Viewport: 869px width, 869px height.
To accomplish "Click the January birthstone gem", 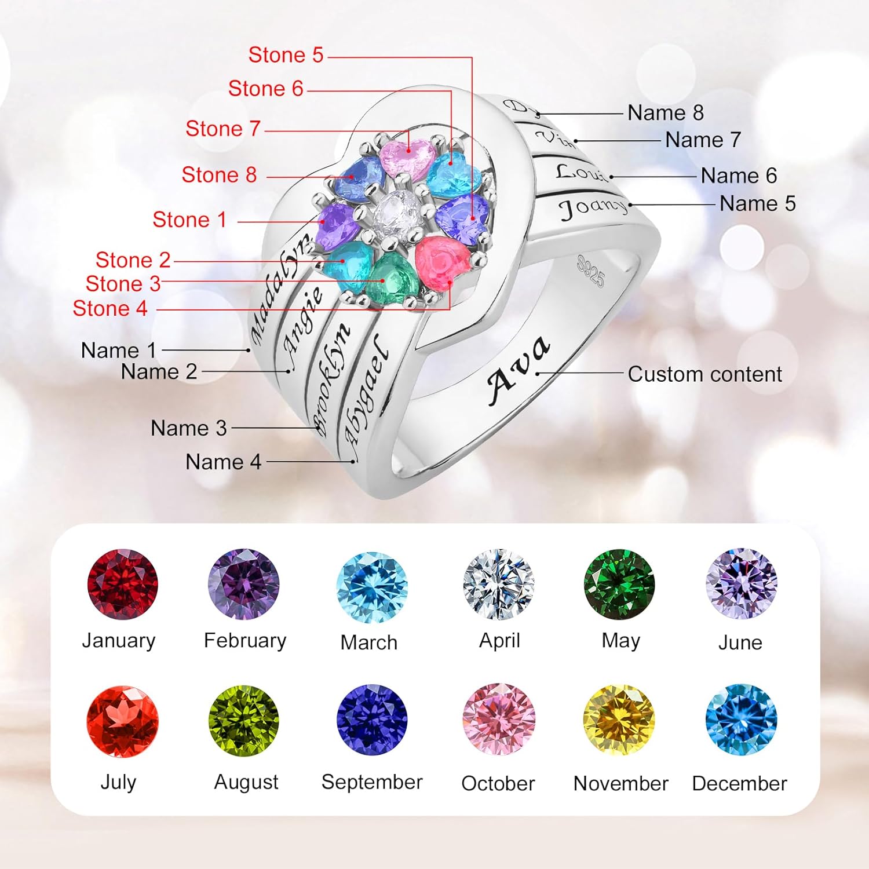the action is (122, 585).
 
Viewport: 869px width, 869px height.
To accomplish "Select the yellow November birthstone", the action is (619, 720).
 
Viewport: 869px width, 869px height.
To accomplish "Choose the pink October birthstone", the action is (499, 720).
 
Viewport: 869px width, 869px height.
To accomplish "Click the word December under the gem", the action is (739, 783).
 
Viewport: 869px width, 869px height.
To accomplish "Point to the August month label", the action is (246, 782).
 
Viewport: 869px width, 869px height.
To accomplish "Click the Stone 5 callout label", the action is (286, 55).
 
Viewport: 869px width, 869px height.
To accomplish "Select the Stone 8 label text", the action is (219, 174).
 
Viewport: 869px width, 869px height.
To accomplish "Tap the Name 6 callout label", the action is (739, 176).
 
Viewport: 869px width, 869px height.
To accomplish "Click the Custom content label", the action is (705, 374).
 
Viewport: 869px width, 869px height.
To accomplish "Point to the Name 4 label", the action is (223, 462).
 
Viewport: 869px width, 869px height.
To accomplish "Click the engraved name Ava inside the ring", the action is (517, 370).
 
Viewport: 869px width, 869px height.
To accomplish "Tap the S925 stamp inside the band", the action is (590, 271).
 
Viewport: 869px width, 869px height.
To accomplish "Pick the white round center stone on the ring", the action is (396, 211).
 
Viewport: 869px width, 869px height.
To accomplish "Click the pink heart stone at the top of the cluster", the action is (407, 158).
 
